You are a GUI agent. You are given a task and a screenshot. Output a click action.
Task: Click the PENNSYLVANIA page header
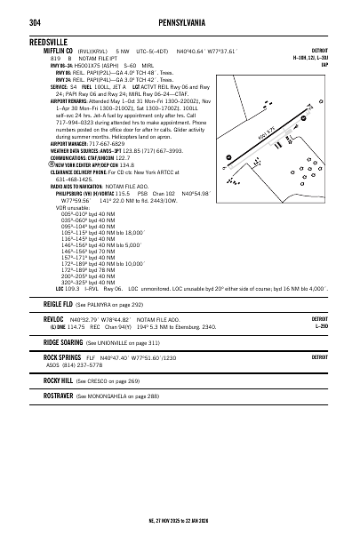coord(179,22)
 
